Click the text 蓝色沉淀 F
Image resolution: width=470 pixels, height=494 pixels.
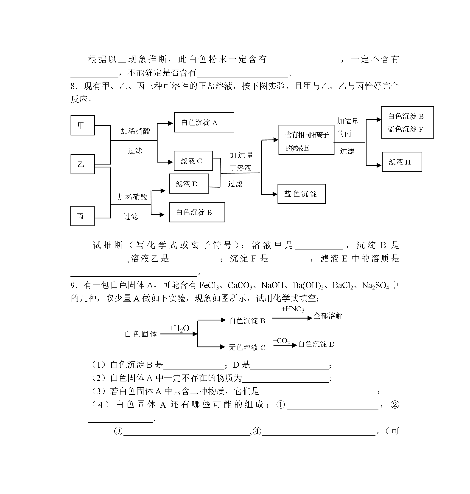coord(405,129)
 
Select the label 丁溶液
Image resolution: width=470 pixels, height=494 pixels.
coord(240,168)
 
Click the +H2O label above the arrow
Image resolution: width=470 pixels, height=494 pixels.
coord(179,328)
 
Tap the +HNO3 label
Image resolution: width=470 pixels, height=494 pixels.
coord(293,309)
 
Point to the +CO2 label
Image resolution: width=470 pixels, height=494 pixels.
coord(281,341)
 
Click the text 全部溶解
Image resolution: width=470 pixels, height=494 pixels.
coord(328,316)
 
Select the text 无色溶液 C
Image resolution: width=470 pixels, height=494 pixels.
coord(247,347)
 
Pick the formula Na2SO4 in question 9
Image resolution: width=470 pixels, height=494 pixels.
coord(375,286)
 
